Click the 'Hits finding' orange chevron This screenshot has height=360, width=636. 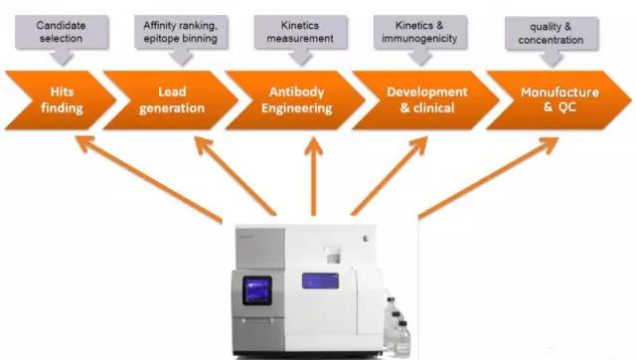[61, 100]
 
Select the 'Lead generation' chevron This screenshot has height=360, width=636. [171, 100]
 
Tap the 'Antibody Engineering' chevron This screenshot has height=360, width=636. [296, 100]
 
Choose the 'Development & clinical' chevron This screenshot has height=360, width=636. [426, 100]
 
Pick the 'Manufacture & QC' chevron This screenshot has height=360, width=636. [558, 100]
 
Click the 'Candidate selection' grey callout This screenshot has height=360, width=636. [62, 37]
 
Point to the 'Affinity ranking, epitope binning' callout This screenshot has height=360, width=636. [181, 37]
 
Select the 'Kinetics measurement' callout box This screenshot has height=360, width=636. [300, 37]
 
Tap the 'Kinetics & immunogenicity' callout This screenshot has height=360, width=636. [419, 37]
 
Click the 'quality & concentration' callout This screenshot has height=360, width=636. [552, 38]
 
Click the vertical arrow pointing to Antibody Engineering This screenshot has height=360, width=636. [314, 176]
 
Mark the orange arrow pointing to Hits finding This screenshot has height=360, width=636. [149, 179]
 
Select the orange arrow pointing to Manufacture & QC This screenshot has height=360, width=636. [488, 178]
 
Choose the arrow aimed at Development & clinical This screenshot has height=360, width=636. [389, 176]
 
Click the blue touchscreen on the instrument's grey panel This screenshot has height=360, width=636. [257, 290]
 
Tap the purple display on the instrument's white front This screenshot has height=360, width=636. [320, 280]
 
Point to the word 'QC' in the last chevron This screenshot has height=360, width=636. [567, 107]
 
